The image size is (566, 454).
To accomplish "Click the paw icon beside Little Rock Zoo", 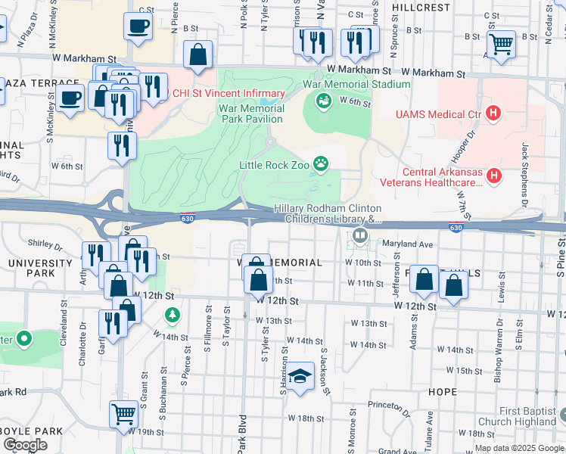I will (x=322, y=163).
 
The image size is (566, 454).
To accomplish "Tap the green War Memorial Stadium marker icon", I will (x=323, y=100).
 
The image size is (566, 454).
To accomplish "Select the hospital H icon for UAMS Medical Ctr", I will (x=493, y=114).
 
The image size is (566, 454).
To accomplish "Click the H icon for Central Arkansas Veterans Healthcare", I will (x=493, y=176).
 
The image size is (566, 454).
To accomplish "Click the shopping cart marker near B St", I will (x=501, y=44).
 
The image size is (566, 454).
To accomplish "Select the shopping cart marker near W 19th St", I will (x=124, y=413).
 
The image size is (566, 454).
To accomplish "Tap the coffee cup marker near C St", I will (x=138, y=26).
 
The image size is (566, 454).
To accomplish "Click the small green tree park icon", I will (x=173, y=313).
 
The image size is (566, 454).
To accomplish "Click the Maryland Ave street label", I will (x=406, y=244).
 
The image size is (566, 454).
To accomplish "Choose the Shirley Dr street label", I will (x=45, y=244).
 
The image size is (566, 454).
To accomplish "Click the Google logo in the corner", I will (x=25, y=445).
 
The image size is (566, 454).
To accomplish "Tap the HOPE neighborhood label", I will (x=442, y=392).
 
